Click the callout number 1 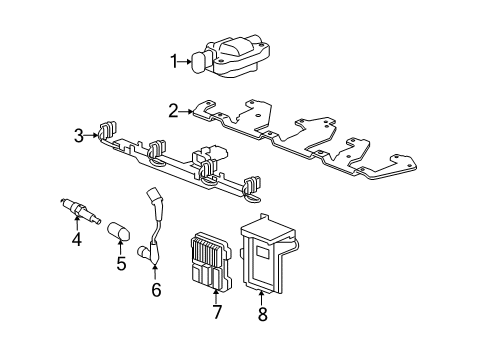coord(173,62)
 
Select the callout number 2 coord(173,111)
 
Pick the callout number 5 coord(123,264)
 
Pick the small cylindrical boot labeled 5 coord(121,233)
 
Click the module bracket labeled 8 coord(268,255)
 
